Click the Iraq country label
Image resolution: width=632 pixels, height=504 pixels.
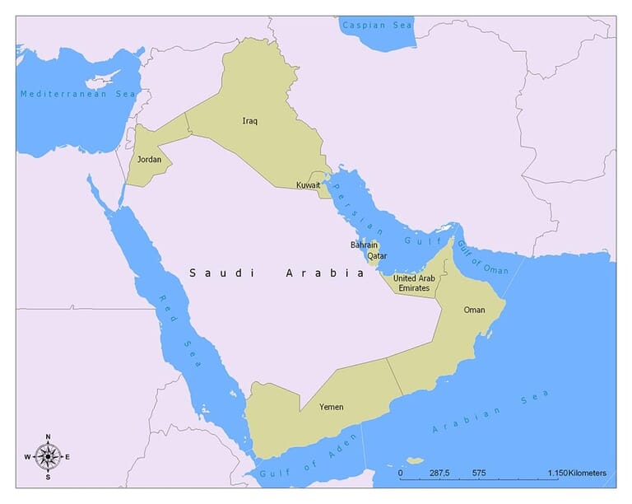point(250,121)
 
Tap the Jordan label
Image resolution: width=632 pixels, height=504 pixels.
point(149,159)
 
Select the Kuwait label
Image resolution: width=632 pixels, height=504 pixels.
point(308,185)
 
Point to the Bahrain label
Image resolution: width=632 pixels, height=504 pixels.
point(364,245)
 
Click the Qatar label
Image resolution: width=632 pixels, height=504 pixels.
point(377,256)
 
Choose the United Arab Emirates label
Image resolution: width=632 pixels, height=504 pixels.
point(414,282)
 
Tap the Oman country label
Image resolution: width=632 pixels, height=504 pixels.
point(474,310)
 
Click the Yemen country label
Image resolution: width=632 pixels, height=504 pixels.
point(332,407)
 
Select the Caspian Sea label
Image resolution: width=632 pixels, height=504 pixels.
point(378,26)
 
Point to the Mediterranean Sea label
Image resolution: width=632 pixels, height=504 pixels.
point(77,94)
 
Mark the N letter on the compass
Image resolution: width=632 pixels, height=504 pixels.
point(48,436)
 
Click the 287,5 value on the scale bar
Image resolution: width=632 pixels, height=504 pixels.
point(439,474)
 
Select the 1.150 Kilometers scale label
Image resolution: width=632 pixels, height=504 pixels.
point(576,474)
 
